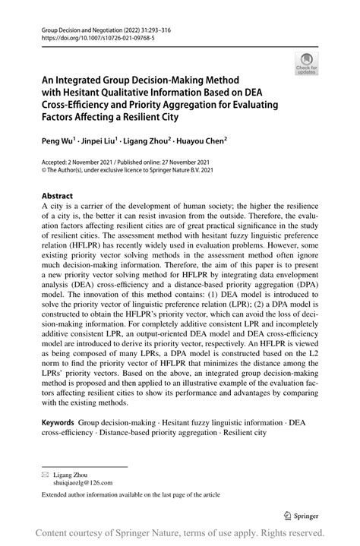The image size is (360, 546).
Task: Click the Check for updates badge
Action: (x=308, y=64)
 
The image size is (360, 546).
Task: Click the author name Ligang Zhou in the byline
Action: (x=150, y=140)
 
